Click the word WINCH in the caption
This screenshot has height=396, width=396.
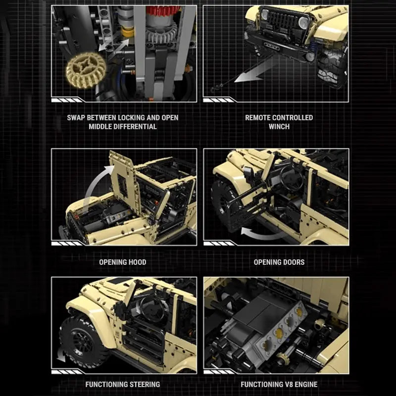click(279, 126)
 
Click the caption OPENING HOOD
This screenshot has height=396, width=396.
click(123, 262)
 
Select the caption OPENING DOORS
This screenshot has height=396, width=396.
click(279, 262)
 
